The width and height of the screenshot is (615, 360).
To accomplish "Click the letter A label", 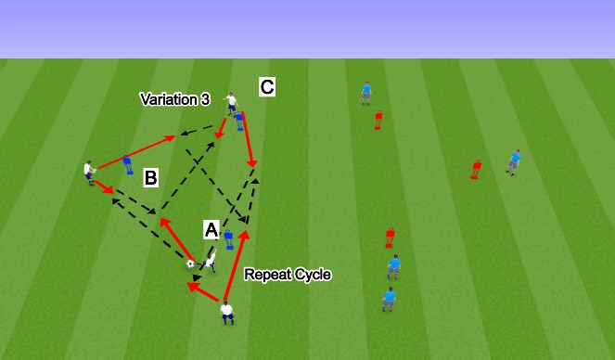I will click(x=211, y=228).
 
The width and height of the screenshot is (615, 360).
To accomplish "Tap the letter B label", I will click(x=151, y=178).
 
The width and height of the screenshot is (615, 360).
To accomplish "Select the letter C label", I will click(x=267, y=87).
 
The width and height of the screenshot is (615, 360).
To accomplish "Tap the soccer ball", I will click(x=190, y=264).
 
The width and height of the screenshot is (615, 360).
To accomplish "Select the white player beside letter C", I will click(x=229, y=103).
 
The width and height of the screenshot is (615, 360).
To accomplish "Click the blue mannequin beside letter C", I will click(x=240, y=120).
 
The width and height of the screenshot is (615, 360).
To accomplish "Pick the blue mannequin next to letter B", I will click(x=127, y=164).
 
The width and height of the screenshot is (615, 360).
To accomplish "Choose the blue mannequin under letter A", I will click(x=228, y=240).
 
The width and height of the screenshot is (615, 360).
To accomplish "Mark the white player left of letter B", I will click(x=89, y=173).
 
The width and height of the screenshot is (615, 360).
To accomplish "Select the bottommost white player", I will click(x=227, y=314).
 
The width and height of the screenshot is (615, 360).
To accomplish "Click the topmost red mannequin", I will click(x=378, y=120).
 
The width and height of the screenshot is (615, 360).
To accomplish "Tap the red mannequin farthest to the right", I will click(x=477, y=169).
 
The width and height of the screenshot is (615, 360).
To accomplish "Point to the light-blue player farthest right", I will click(x=513, y=161).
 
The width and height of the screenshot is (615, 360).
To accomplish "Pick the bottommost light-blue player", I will click(x=390, y=300).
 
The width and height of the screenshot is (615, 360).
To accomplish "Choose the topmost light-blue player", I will click(x=367, y=91).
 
